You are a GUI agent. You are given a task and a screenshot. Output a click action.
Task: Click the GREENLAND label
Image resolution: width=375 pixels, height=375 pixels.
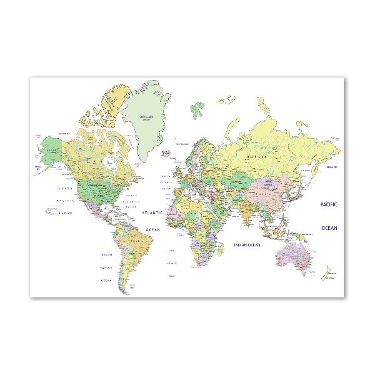pyautogui.click(x=146, y=117)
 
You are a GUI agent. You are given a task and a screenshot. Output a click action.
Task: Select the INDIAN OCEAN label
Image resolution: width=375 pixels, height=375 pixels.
pyautogui.click(x=246, y=245)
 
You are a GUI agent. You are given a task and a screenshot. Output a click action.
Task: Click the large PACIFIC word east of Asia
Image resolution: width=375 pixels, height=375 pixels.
pyautogui.click(x=329, y=204)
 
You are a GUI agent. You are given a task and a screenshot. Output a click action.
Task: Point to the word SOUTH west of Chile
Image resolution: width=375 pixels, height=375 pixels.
pyautogui.click(x=107, y=255)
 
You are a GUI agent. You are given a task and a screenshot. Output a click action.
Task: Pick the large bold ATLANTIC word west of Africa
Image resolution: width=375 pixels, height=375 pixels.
pyautogui.click(x=152, y=212)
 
